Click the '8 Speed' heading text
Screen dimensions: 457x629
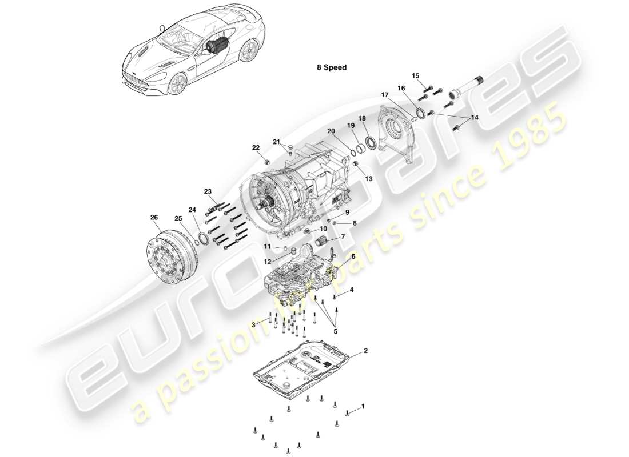332,67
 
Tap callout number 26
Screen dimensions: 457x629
154,217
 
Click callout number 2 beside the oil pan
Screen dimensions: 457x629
365,350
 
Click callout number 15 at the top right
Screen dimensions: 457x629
415,75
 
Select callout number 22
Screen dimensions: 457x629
256,148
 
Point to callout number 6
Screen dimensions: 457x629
353,256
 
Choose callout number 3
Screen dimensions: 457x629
253,324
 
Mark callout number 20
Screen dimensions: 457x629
331,131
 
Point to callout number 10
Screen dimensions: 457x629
324,228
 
